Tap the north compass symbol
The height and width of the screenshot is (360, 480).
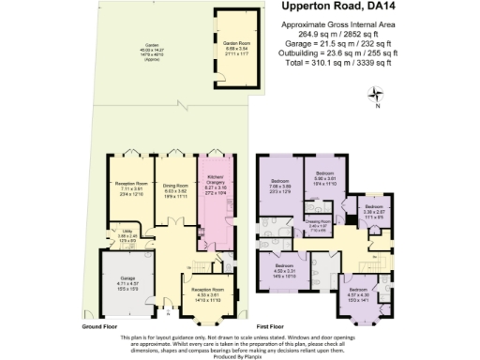coord(377,93)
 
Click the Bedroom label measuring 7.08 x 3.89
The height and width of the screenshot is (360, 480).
coord(281,183)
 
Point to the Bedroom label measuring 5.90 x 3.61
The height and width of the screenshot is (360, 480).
coord(325,176)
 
